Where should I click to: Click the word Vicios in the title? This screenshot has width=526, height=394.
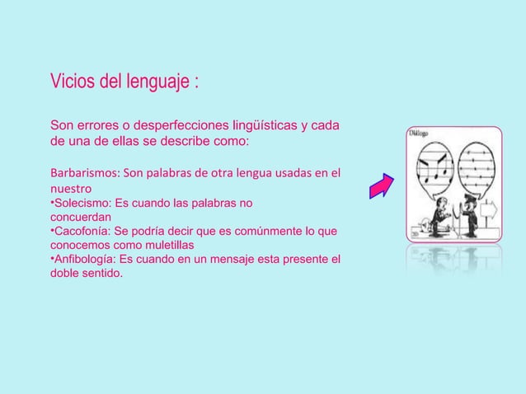73,83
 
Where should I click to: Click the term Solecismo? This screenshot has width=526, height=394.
81,202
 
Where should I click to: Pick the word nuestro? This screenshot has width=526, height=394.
71,188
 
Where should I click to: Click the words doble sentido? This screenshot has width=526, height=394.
87,274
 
